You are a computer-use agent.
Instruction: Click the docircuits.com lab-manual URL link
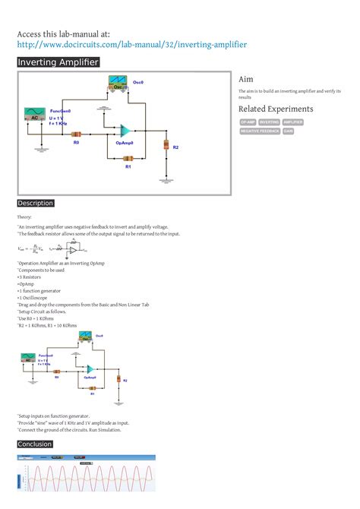tap(132, 45)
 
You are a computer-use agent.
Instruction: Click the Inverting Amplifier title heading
tap(58, 62)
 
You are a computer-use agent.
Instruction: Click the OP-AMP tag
tap(248, 122)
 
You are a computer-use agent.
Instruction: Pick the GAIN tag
tap(289, 131)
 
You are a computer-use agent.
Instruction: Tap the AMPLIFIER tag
tap(293, 122)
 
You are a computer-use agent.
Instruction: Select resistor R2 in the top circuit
tap(166, 144)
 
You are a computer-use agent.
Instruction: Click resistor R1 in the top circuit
tap(128, 158)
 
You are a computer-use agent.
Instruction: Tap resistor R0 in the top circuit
tap(76, 134)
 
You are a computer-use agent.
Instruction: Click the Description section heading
tap(36, 204)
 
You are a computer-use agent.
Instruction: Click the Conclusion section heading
tap(35, 444)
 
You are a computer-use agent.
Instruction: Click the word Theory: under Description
tap(25, 217)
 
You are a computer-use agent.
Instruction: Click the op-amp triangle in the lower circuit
tap(90, 368)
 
